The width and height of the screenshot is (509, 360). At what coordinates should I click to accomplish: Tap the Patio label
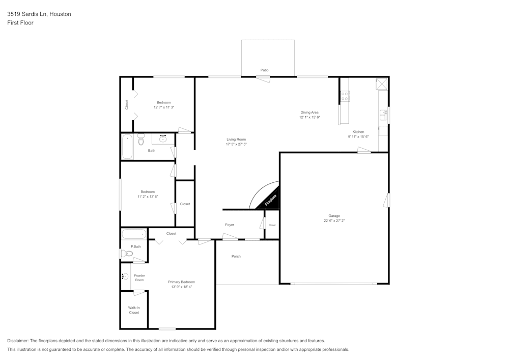[264, 70]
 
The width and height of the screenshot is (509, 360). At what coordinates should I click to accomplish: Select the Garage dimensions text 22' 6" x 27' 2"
[334, 221]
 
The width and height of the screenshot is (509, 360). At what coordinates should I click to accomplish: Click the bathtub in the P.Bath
[134, 235]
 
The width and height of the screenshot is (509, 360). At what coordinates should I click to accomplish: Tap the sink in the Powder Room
[125, 276]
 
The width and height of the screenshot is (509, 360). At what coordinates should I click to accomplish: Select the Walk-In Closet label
[134, 310]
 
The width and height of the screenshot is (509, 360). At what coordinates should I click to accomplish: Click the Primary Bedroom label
[181, 282]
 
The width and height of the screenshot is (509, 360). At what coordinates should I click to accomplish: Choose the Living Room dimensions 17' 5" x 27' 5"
[236, 145]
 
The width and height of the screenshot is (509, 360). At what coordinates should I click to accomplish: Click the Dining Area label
[309, 113]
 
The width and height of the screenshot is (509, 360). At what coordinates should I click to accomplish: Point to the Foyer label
[230, 225]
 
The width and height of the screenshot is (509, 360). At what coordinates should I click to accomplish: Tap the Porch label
[236, 256]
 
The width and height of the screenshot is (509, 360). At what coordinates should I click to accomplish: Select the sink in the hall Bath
[163, 138]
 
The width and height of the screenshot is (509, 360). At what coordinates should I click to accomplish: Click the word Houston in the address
[60, 14]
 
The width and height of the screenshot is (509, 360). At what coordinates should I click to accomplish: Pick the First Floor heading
[20, 23]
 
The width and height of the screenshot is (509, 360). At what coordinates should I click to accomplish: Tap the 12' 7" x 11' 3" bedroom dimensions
[164, 107]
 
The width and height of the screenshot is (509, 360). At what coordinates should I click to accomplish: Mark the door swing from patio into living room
[264, 78]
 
